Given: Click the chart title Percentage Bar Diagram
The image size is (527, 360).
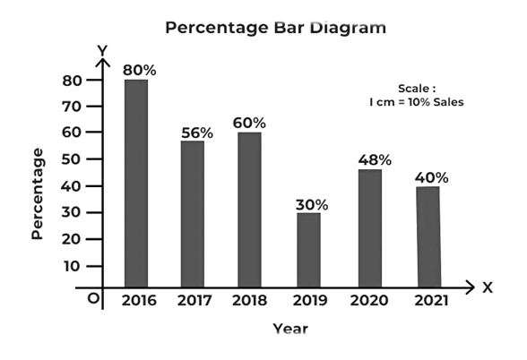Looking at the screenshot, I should pyautogui.click(x=276, y=28).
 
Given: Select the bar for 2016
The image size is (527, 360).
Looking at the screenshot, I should pyautogui.click(x=136, y=183).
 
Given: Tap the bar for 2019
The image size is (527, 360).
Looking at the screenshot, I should pyautogui.click(x=308, y=250).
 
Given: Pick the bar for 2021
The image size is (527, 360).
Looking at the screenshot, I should pyautogui.click(x=428, y=236).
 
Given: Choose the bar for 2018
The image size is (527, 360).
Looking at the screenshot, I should pyautogui.click(x=249, y=210).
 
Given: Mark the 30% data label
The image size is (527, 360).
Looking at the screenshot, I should pyautogui.click(x=311, y=204).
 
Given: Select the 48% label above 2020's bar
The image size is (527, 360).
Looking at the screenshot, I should pyautogui.click(x=373, y=159).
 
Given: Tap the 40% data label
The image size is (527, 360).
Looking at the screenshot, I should pyautogui.click(x=431, y=177).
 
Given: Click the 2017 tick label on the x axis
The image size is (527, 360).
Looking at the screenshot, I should pyautogui.click(x=194, y=300).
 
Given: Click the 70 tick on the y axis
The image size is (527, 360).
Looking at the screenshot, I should pyautogui.click(x=72, y=107).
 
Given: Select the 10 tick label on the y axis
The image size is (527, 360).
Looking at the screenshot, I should pyautogui.click(x=72, y=266).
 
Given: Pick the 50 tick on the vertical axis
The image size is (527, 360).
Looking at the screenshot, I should pyautogui.click(x=72, y=159).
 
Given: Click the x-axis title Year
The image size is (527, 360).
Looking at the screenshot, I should pyautogui.click(x=289, y=329).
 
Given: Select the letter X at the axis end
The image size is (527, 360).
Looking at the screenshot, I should pyautogui.click(x=488, y=287).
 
